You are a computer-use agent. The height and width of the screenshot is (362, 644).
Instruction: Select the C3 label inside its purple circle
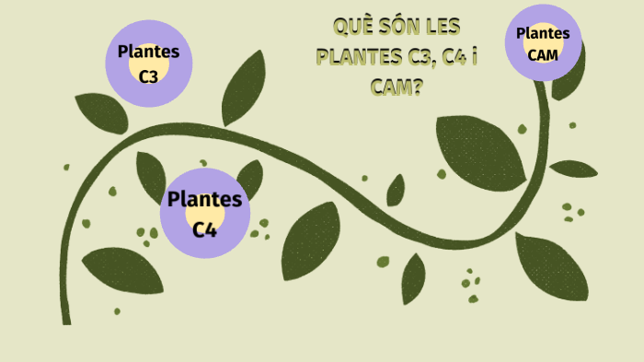tap(148, 76)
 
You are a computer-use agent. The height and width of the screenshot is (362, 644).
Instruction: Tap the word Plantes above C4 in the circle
tap(204, 199)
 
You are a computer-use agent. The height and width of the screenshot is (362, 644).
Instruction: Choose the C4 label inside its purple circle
tap(204, 228)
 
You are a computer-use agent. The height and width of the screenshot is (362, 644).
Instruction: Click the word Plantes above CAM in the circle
tap(543, 33)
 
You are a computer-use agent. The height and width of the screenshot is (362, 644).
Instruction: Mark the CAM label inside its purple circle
tap(543, 54)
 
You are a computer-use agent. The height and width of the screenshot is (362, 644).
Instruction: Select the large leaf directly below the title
tap(478, 147)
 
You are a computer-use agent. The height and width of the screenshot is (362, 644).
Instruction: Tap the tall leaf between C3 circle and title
tap(243, 88)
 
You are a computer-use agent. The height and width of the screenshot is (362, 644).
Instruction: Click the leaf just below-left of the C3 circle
tap(100, 112)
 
